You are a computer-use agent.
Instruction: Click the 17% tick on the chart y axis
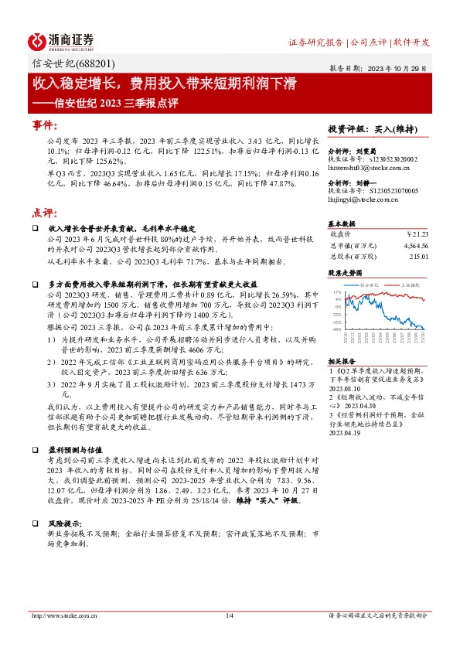[336, 293]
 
